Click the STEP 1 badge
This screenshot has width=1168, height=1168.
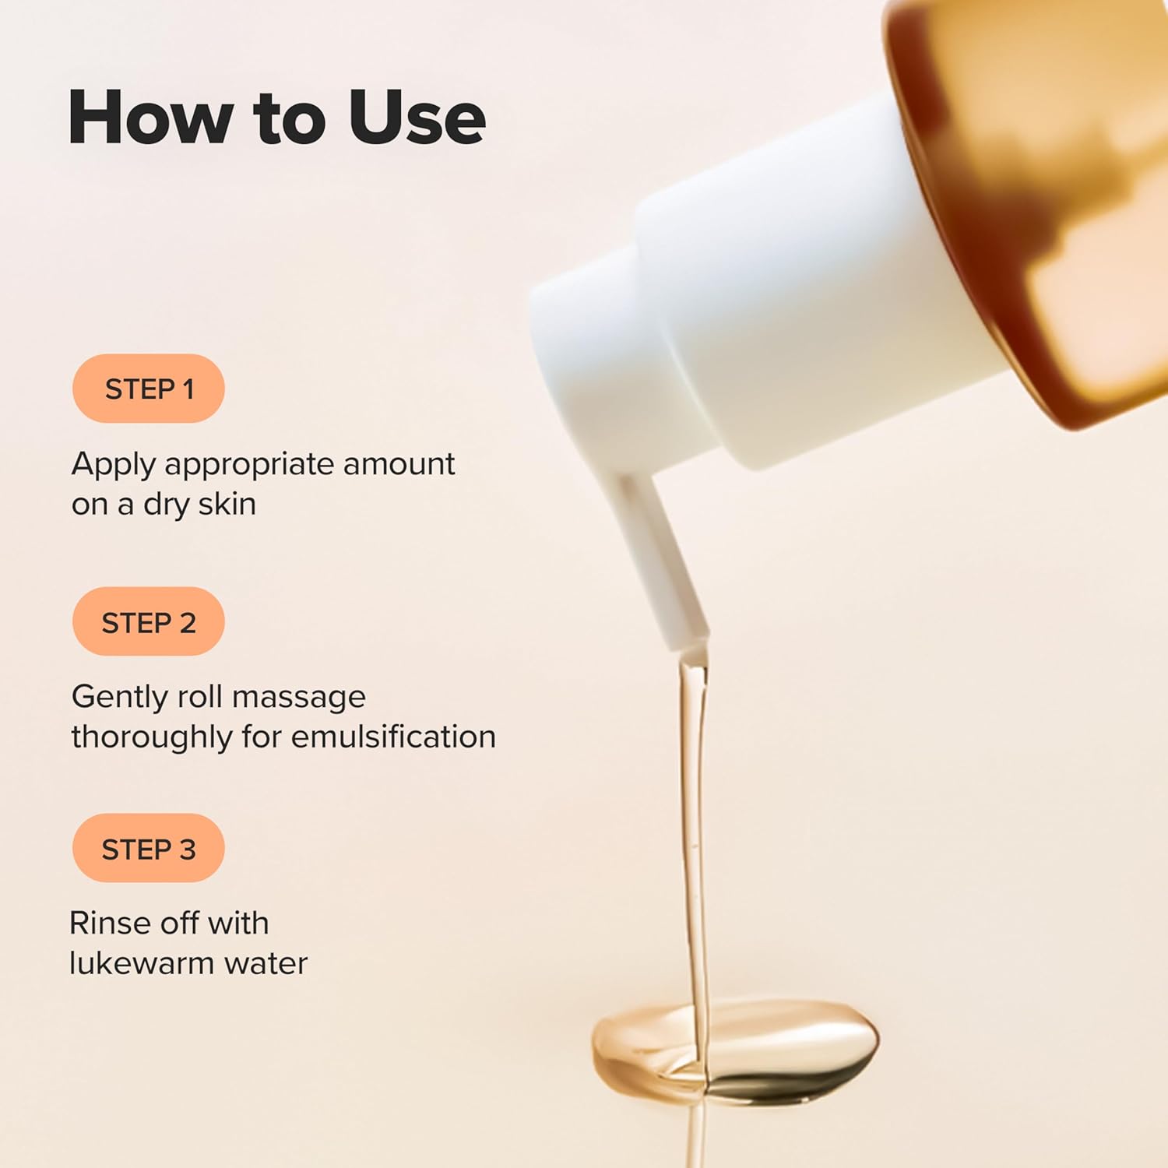[148, 389]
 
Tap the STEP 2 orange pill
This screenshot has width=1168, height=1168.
[148, 622]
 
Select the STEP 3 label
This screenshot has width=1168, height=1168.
[148, 849]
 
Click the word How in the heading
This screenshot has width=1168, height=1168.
[150, 118]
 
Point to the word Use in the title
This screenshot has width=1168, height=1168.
[417, 118]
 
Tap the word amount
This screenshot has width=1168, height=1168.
[399, 464]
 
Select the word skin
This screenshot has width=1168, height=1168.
[227, 504]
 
